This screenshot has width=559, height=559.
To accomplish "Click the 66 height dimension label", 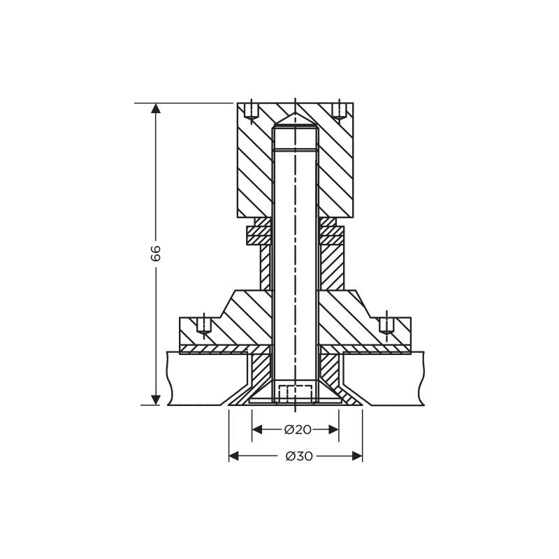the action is pos(156,254).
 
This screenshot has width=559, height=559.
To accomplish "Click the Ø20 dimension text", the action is pos(298,430).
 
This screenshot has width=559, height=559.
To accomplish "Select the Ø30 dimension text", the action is pos(299,456).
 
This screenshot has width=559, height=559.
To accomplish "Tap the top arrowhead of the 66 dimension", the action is pos(156,108).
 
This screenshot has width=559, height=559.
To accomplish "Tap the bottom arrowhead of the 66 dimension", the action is pos(156,400).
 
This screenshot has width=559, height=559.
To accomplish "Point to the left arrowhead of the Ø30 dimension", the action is pos(233,456).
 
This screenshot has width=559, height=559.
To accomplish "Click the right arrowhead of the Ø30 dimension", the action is pos(357,456).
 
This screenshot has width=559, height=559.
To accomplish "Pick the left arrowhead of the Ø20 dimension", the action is pos(257,430).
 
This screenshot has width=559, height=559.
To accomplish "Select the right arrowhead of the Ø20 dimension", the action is pos(334,430).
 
